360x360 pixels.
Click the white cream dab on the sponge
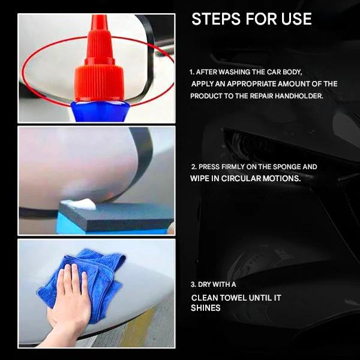[x=82, y=205]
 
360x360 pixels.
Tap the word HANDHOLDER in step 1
[x=298, y=96]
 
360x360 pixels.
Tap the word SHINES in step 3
[x=206, y=308]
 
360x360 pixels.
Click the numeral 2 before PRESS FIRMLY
[x=193, y=166]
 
